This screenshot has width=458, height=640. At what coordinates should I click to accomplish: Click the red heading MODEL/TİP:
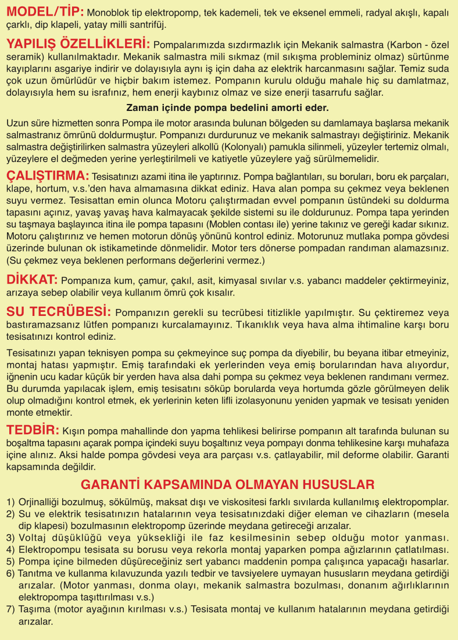tap(45, 11)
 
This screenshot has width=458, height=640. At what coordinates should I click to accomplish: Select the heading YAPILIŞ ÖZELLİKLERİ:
tap(78, 44)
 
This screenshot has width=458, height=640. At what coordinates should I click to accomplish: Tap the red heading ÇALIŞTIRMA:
tap(48, 175)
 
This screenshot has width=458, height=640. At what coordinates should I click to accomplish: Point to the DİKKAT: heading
tap(32, 279)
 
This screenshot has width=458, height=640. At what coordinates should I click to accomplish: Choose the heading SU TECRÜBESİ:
tap(59, 311)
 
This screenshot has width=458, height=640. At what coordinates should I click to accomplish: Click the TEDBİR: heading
tap(33, 430)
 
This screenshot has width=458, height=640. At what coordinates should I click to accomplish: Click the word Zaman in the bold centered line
tap(141, 107)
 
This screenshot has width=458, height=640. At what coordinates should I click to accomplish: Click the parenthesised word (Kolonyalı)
tap(230, 146)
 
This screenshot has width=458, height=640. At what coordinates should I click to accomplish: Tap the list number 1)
tap(11, 501)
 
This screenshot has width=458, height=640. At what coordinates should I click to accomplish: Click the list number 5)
tap(11, 561)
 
